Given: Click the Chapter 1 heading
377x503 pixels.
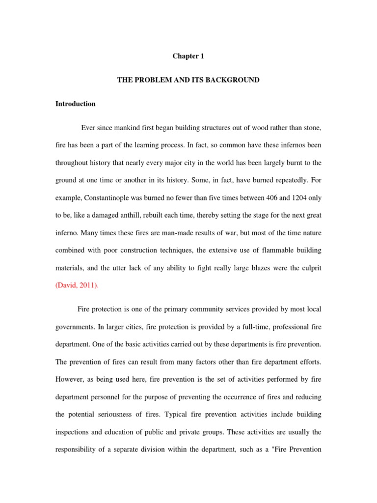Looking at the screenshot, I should coord(188,56).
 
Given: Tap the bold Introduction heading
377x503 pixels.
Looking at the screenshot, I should coord(76,104).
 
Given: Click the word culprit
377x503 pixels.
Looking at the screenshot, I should coord(310,268).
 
